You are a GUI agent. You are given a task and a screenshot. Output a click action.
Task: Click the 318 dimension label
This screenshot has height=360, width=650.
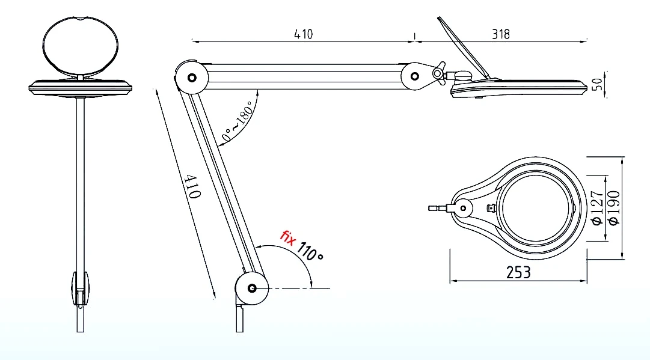point(501,34)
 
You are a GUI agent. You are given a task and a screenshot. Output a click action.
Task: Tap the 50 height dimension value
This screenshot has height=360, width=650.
point(597,85)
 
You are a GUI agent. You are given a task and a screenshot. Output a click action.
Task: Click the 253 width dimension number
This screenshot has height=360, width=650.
point(518,272)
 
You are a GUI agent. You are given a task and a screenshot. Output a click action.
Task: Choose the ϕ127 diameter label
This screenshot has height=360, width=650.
point(596,207)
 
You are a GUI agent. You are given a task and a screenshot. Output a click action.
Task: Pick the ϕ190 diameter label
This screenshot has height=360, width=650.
point(613,207)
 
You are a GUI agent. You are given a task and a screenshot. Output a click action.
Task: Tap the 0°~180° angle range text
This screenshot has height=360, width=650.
point(237,121)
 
